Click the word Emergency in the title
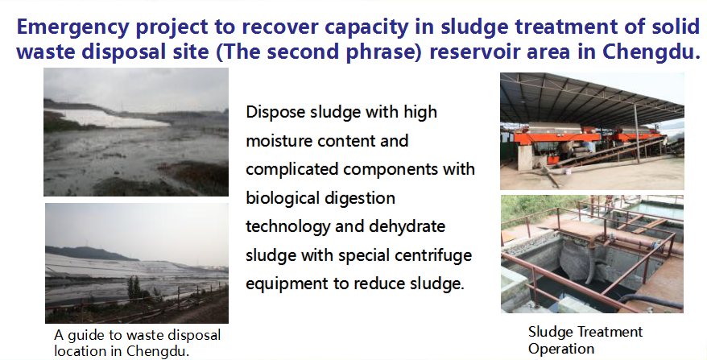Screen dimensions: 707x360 tap(72, 27)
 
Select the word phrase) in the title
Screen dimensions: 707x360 tap(384, 52)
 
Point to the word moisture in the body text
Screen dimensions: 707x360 tap(279, 141)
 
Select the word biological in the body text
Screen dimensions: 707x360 tap(279, 198)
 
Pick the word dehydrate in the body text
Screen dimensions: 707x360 tap(407, 226)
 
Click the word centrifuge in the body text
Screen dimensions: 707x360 tap(433, 255)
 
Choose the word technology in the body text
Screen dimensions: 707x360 tap(287, 226)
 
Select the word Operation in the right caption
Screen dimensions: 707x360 tap(561, 349)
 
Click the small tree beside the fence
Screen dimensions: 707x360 tap(134, 289)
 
